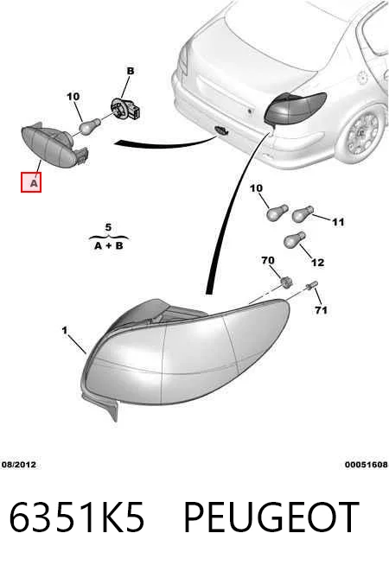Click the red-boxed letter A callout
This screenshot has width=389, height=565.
click(31, 182)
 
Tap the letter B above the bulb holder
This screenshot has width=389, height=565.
click(131, 71)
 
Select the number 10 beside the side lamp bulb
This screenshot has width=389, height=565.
click(73, 97)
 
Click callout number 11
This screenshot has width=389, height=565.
click(338, 222)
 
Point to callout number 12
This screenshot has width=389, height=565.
click(317, 263)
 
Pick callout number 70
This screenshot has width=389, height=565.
click(268, 260)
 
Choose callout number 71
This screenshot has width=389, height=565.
click(321, 310)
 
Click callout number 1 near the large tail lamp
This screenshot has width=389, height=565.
click(65, 330)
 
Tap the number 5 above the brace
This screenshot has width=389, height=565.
click(108, 228)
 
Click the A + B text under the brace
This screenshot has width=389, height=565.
click(109, 245)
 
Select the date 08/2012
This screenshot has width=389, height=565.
click(19, 465)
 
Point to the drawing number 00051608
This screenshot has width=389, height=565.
click(367, 465)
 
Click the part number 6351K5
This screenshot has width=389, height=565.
click(76, 517)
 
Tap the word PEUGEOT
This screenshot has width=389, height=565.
click(271, 517)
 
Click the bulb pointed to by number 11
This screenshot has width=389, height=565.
click(302, 214)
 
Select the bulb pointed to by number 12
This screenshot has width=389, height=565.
click(295, 240)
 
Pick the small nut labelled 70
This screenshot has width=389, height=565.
click(286, 282)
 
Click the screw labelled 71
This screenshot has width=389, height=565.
click(311, 286)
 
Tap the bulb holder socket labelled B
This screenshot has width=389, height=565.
click(125, 109)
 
